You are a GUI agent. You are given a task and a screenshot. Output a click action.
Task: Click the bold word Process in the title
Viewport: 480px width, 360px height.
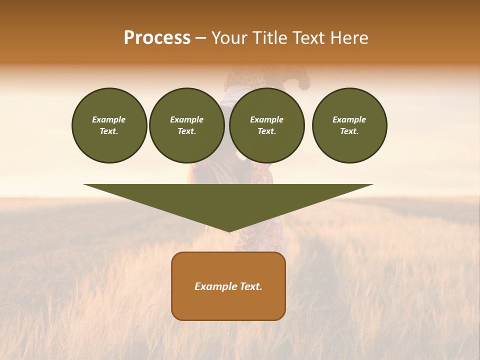(x=157, y=38)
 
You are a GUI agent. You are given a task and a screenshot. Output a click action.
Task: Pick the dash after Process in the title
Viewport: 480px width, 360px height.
(x=201, y=38)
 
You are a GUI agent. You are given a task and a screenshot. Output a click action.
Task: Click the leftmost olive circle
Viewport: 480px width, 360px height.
(x=109, y=145)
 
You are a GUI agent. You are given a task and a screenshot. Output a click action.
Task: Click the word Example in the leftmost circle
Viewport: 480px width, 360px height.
(x=109, y=119)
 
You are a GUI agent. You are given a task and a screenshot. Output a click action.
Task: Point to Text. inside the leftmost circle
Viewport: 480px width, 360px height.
(x=109, y=131)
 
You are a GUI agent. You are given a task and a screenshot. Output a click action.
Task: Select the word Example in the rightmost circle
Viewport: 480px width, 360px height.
(x=349, y=119)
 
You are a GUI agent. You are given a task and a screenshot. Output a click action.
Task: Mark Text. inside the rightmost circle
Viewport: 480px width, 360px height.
(x=349, y=131)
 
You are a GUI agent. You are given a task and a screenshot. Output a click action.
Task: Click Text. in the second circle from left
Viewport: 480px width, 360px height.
(x=186, y=131)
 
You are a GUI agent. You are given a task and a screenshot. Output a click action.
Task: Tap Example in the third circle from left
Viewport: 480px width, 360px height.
(x=266, y=119)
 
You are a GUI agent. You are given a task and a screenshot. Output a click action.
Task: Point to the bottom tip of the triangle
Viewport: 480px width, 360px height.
(x=228, y=230)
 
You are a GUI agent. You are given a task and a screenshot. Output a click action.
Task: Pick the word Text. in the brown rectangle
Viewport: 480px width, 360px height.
(x=251, y=286)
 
